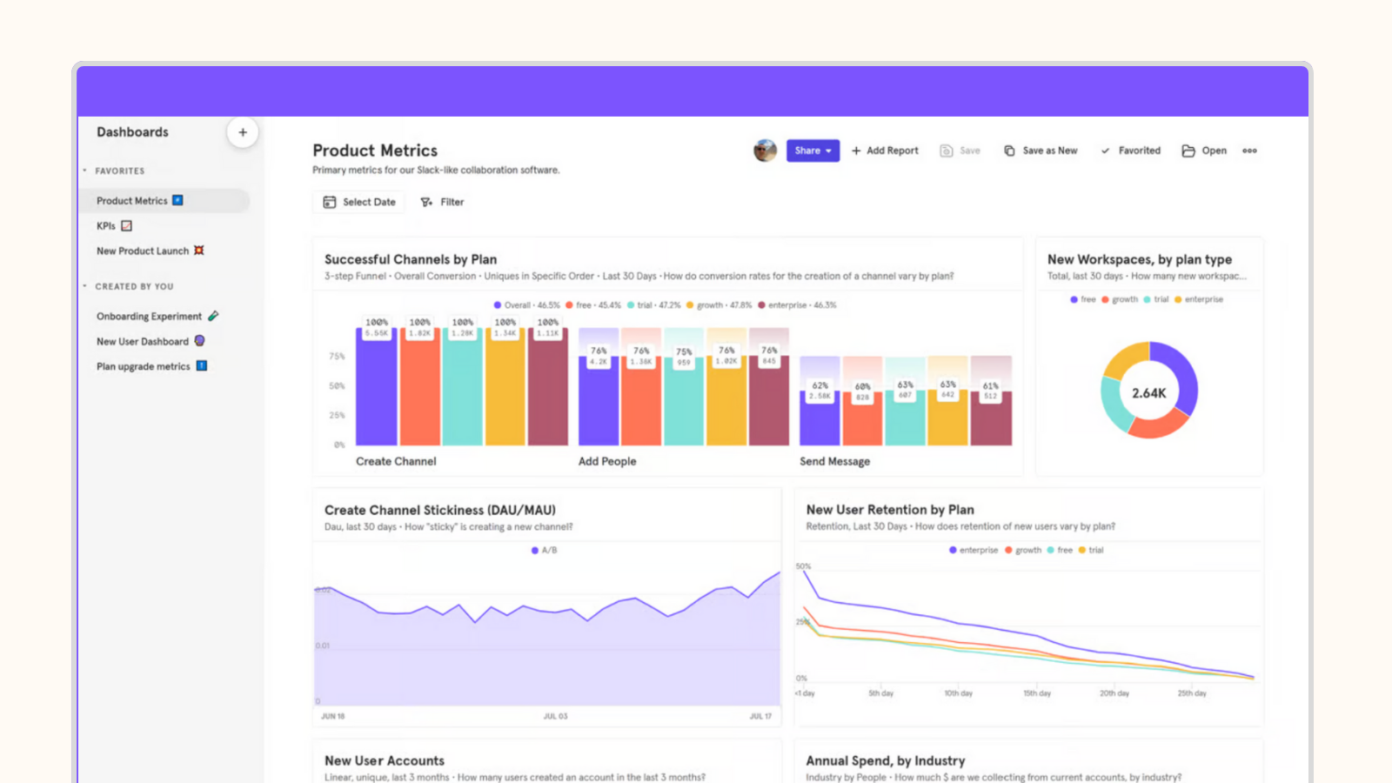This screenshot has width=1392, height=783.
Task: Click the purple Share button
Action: click(x=813, y=151)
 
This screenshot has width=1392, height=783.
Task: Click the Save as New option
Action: click(x=1041, y=151)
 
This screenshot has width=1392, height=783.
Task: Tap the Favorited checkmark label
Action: click(x=1131, y=151)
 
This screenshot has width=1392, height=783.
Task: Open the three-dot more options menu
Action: click(x=1249, y=151)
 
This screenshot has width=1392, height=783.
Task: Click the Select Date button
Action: click(x=359, y=202)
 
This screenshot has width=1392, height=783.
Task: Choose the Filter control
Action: click(x=442, y=202)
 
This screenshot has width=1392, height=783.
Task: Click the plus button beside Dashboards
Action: click(x=243, y=132)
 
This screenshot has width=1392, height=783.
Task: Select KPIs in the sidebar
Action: click(x=106, y=226)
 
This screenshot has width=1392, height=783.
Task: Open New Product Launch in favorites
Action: click(x=143, y=251)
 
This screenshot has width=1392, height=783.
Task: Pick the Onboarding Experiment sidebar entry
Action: click(x=149, y=317)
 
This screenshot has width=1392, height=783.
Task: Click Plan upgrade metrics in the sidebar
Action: click(x=144, y=367)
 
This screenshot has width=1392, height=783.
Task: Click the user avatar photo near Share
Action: click(x=765, y=151)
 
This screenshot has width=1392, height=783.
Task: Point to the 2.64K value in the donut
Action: click(x=1148, y=393)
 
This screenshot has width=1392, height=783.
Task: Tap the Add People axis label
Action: click(x=607, y=462)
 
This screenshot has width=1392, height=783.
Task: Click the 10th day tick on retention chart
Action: click(x=958, y=693)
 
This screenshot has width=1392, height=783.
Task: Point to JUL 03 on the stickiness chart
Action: click(x=555, y=716)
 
